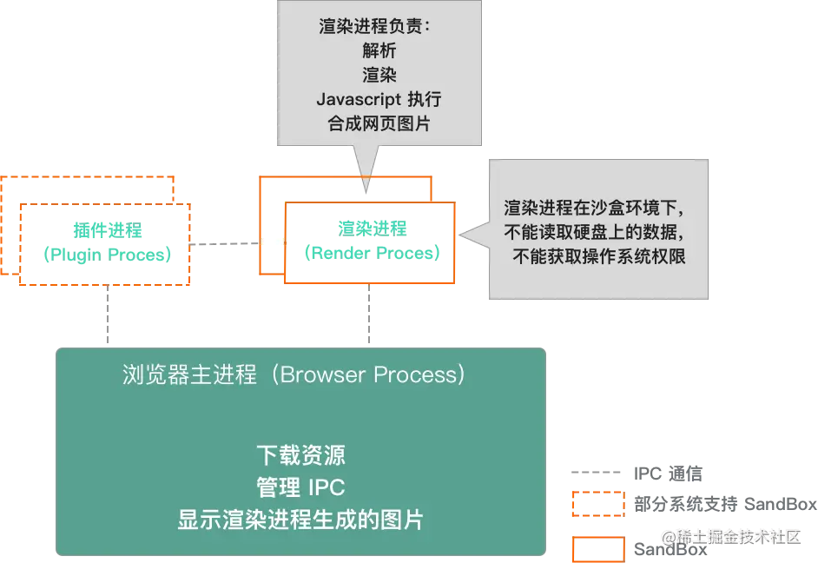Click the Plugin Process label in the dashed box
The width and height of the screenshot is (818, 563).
[108, 243]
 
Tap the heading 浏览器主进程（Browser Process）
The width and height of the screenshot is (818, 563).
[294, 374]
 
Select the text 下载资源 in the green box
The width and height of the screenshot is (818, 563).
[300, 455]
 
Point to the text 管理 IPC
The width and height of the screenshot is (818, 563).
[300, 487]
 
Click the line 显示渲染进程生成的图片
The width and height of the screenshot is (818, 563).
[300, 520]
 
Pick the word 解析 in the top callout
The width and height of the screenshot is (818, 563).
[379, 50]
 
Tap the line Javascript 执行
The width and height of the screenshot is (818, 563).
[379, 99]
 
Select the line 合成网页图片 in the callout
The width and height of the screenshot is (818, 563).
[379, 123]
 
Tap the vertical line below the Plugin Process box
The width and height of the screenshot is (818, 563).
[109, 316]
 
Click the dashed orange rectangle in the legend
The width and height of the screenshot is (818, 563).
[597, 505]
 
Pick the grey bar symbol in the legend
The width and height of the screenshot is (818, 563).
[597, 473]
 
